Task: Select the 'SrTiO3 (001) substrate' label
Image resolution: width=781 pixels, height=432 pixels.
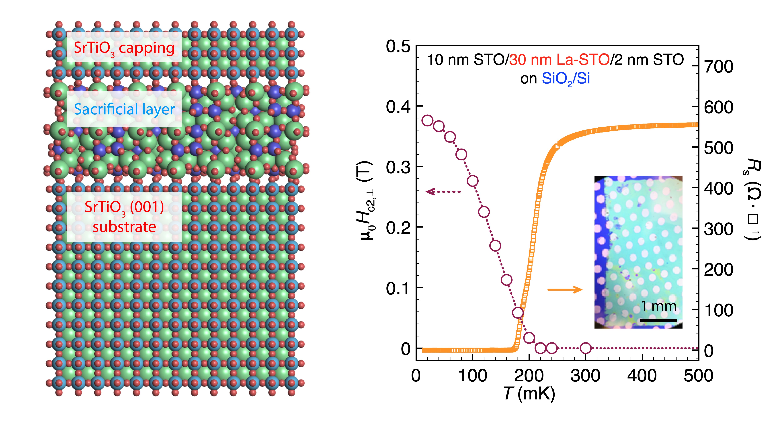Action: (124, 217)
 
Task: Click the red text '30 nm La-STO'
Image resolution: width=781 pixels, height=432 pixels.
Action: (559, 60)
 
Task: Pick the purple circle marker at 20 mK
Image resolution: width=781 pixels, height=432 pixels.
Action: (427, 120)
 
